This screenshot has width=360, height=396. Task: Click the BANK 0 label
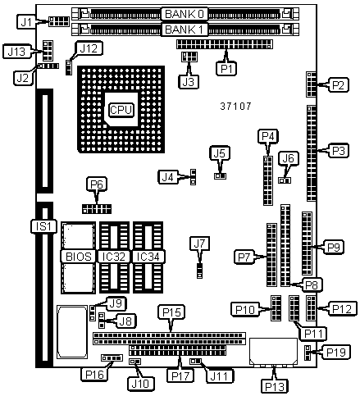[185, 14]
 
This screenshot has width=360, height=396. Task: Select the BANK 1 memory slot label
[185, 30]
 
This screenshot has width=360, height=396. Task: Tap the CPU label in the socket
[121, 110]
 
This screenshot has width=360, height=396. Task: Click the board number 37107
[235, 106]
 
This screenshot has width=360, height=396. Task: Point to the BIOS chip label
[79, 257]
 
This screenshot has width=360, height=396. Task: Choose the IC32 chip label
[114, 257]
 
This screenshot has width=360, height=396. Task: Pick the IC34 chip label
[148, 257]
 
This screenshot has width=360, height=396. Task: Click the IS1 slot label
[43, 226]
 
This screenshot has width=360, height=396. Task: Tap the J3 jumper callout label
[189, 81]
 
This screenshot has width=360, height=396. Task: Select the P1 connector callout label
[226, 69]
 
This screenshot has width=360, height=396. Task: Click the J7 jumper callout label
[200, 244]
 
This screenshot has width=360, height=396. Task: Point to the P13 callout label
[275, 386]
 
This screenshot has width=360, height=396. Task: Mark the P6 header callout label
[97, 184]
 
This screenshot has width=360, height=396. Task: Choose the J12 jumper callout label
[89, 48]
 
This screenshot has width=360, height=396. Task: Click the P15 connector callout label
[171, 312]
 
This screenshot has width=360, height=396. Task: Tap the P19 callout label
[336, 352]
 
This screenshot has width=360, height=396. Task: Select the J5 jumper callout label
[220, 153]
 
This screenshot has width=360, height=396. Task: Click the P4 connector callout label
[268, 136]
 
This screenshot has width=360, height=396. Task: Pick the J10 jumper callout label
[140, 384]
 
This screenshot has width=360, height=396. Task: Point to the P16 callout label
[94, 374]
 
